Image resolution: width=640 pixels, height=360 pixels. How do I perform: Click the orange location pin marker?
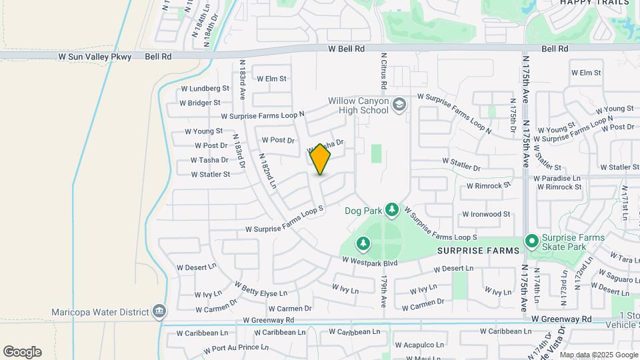pyautogui.click(x=321, y=159)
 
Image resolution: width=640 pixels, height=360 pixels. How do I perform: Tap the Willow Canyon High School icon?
pyautogui.click(x=399, y=105)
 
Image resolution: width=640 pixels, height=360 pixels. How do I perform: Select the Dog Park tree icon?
pyautogui.click(x=392, y=210)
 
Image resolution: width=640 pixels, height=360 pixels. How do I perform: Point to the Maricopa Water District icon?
pyautogui.click(x=159, y=311)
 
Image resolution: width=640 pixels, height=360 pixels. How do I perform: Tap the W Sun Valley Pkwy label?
pyautogui.click(x=95, y=57)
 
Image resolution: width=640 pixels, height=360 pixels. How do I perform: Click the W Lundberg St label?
pyautogui.click(x=205, y=88)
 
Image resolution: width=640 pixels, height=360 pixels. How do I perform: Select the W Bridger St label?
pyautogui.click(x=200, y=103)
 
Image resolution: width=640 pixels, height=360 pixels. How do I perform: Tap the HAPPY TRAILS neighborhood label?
pyautogui.click(x=595, y=3)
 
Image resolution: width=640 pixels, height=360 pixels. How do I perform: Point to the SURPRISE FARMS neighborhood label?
pyautogui.click(x=479, y=251)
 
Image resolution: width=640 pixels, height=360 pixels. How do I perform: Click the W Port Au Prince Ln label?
pyautogui.click(x=227, y=348)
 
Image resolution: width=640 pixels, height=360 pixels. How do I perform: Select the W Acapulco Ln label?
pyautogui.click(x=419, y=345)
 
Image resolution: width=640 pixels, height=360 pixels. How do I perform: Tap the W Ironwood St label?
pyautogui.click(x=486, y=214)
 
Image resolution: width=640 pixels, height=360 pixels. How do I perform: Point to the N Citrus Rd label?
pyautogui.click(x=384, y=72)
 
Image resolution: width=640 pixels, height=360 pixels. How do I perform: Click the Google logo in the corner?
pyautogui.click(x=22, y=351)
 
